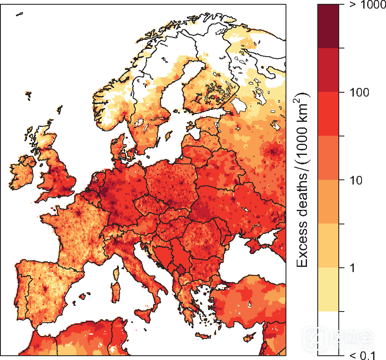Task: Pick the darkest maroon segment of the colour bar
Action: click(328, 26)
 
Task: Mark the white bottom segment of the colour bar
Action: click(328, 333)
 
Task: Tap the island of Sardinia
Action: click(115, 292)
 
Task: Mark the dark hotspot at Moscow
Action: click(274, 151)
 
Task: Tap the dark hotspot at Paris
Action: click(79, 213)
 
